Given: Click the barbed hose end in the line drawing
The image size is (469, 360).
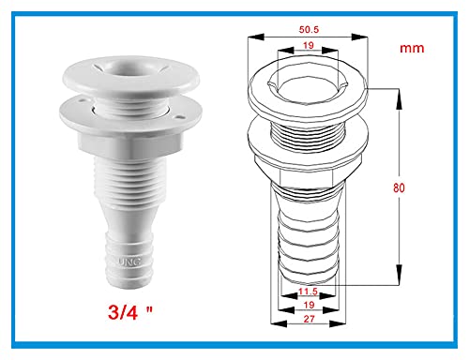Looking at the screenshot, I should (x=305, y=239).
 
